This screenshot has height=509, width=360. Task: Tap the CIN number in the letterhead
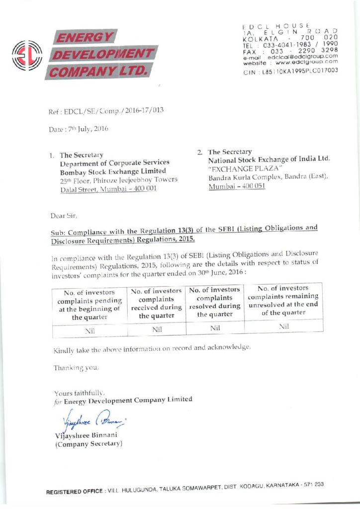(290, 71)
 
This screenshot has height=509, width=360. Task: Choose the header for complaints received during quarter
(156, 302)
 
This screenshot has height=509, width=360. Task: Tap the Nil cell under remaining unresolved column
(284, 326)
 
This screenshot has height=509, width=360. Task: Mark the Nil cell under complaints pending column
(90, 330)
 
